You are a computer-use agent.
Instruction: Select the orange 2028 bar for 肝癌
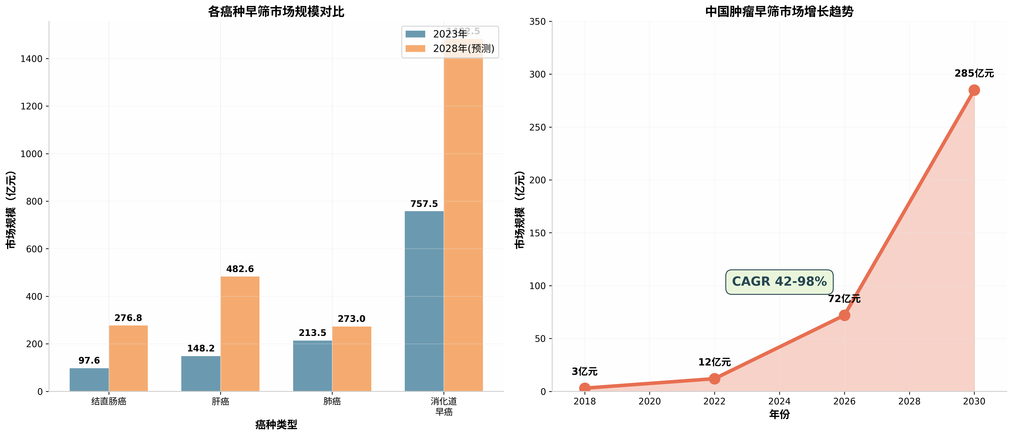[x=240, y=334]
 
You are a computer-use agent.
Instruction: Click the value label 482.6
[x=240, y=269]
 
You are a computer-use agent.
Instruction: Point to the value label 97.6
[x=89, y=361]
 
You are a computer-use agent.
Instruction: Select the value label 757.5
[x=424, y=204]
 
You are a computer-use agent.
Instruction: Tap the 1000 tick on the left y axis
[x=32, y=154]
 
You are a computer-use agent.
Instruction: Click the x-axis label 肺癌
[x=332, y=401]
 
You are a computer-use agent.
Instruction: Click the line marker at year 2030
[x=974, y=90]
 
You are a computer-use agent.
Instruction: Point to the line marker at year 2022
[x=715, y=379]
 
